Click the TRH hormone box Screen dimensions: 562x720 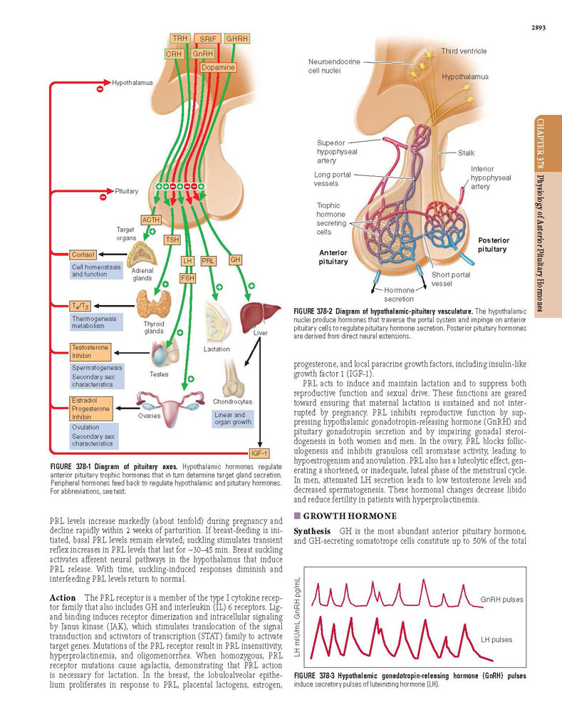[179, 38]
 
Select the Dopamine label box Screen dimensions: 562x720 [218, 68]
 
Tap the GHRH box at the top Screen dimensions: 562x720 [236, 38]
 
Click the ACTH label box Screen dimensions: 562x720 [150, 220]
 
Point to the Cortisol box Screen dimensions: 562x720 [83, 254]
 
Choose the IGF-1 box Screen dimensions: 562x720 [259, 453]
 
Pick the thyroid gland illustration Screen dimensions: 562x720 [154, 304]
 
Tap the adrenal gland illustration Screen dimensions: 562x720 [142, 254]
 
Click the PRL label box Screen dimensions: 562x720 [208, 261]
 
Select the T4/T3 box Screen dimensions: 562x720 [80, 306]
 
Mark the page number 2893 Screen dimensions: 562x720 [538, 28]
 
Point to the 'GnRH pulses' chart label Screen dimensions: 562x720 [501, 600]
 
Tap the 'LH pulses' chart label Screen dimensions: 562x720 [496, 639]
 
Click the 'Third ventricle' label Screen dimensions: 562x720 [464, 51]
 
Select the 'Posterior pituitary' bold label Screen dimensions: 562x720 [493, 245]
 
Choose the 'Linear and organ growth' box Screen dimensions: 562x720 [233, 418]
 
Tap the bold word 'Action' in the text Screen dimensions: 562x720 [63, 597]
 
